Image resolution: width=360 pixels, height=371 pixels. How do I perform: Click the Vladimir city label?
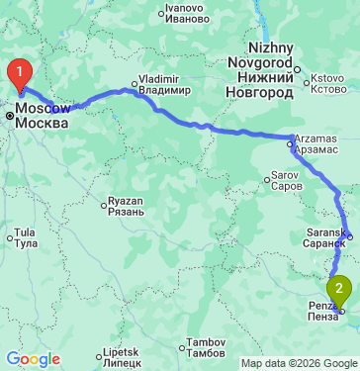pyautogui.click(x=158, y=84)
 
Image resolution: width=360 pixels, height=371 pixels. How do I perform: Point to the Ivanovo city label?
pyautogui.click(x=186, y=14)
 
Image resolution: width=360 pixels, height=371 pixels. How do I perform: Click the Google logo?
pyautogui.click(x=33, y=359)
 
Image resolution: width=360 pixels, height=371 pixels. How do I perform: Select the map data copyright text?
pyautogui.click(x=301, y=363)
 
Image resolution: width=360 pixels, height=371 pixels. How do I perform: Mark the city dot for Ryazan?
pyautogui.click(x=104, y=206)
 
